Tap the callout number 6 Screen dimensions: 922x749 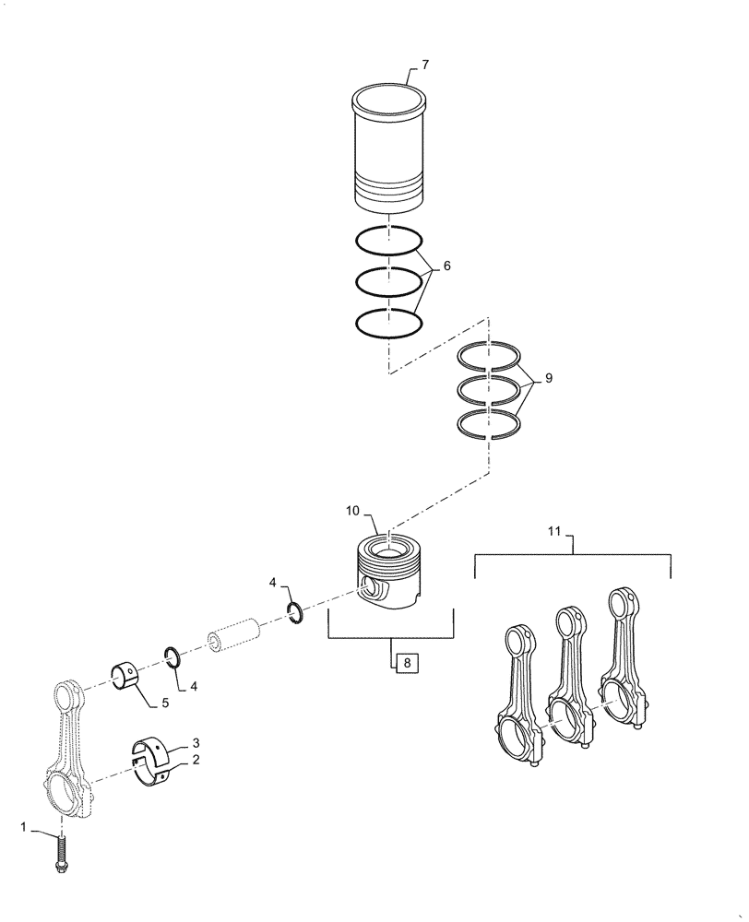coord(447,266)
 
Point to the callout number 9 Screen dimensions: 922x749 coord(550,377)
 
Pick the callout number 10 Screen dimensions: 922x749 coord(355,510)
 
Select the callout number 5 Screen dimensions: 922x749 coord(165,703)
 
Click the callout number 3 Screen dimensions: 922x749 coord(196,742)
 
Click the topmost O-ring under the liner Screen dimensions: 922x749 coord(388,241)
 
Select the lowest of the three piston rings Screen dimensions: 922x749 coord(491,423)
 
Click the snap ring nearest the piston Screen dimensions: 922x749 coord(296,612)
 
